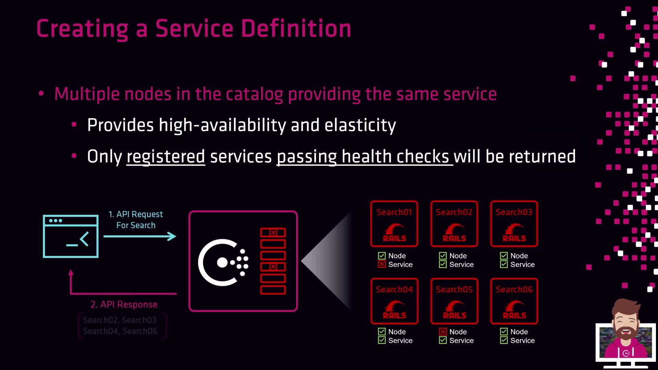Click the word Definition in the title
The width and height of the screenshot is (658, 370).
pyautogui.click(x=296, y=28)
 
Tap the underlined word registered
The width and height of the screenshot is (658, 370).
pyautogui.click(x=166, y=157)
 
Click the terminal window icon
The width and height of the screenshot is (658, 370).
pyautogui.click(x=71, y=236)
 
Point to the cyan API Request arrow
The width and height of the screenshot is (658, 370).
pyautogui.click(x=140, y=236)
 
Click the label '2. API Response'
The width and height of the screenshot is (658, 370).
pyautogui.click(x=124, y=304)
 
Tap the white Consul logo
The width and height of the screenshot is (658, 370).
pyautogui.click(x=223, y=262)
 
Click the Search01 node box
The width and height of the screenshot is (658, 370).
pyautogui.click(x=394, y=224)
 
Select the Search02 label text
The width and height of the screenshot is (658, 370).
pyautogui.click(x=454, y=212)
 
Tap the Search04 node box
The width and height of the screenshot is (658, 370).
pyautogui.click(x=394, y=301)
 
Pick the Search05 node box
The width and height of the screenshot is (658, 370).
pyautogui.click(x=454, y=301)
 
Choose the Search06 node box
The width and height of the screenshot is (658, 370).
pyautogui.click(x=514, y=301)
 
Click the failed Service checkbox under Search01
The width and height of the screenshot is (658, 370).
pyautogui.click(x=382, y=264)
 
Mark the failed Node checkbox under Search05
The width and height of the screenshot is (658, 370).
pyautogui.click(x=443, y=332)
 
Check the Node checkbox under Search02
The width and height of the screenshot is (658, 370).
pyautogui.click(x=443, y=256)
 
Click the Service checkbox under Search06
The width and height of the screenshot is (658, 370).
pyautogui.click(x=504, y=341)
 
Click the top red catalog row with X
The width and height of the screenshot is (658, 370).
pyautogui.click(x=273, y=233)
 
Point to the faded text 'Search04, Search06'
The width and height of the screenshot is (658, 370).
pyautogui.click(x=120, y=331)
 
